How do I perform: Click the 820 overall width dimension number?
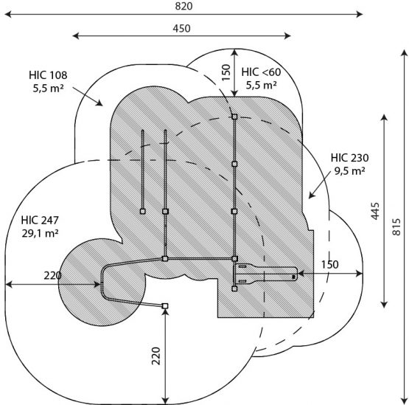(x=183, y=6)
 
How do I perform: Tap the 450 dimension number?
(x=181, y=29)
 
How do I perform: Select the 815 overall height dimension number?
(x=396, y=226)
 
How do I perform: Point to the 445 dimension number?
(x=375, y=211)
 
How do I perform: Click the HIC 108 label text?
(x=48, y=75)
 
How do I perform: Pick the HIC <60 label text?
(x=261, y=72)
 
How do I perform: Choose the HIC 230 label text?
(x=349, y=158)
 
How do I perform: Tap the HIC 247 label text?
(x=40, y=220)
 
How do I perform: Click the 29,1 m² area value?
(x=40, y=233)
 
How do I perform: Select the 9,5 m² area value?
(x=349, y=171)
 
